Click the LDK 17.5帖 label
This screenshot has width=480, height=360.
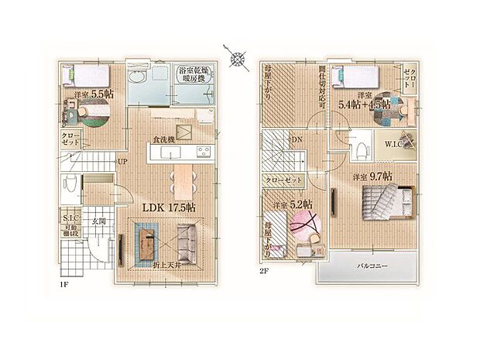pos(169,207)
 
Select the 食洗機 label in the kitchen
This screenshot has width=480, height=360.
pos(163,140)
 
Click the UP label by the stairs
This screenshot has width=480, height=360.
pos(122,162)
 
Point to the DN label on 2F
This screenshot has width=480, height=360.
pos(297,140)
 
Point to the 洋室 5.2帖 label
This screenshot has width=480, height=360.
pos(293,205)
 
